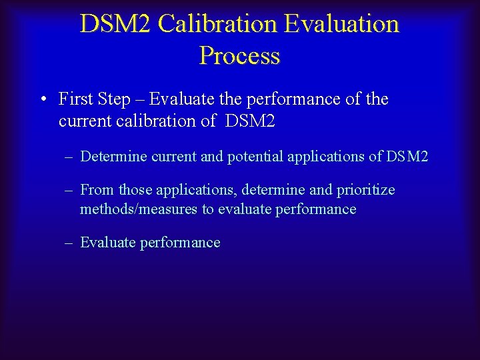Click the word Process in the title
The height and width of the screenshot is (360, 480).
pyautogui.click(x=239, y=56)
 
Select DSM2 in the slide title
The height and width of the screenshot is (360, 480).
pyautogui.click(x=116, y=24)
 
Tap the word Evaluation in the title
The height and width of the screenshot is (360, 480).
pyautogui.click(x=341, y=24)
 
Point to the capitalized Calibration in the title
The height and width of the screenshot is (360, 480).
pyautogui.click(x=218, y=24)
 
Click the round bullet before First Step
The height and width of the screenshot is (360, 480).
pyautogui.click(x=42, y=100)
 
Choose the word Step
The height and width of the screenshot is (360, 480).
pyautogui.click(x=113, y=99)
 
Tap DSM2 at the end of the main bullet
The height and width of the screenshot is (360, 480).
pyautogui.click(x=251, y=121)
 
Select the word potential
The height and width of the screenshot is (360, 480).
pyautogui.click(x=255, y=157)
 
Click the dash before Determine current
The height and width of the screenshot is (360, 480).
pyautogui.click(x=69, y=157)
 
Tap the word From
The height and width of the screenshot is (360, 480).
pyautogui.click(x=97, y=190)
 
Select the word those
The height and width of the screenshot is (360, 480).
pyautogui.click(x=135, y=190)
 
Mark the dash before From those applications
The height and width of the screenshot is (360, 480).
pyautogui.click(x=69, y=190)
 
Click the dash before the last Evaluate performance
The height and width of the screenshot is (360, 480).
pyautogui.click(x=69, y=243)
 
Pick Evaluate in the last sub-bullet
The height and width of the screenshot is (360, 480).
pyautogui.click(x=108, y=243)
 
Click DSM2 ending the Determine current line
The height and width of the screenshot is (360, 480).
pyautogui.click(x=407, y=157)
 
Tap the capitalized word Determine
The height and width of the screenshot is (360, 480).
pyautogui.click(x=113, y=157)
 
